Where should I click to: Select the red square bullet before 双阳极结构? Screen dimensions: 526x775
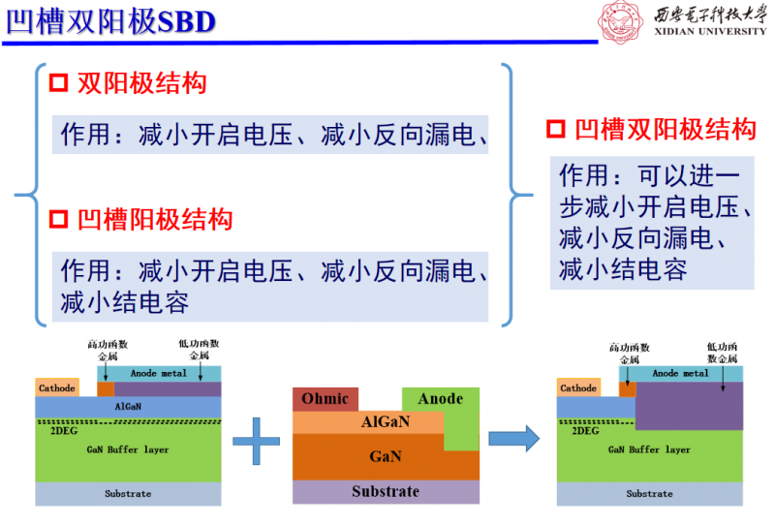[x=58, y=83]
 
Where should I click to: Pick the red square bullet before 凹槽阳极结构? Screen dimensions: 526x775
[x=58, y=220]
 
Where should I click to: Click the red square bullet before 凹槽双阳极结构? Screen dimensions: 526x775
[x=556, y=130]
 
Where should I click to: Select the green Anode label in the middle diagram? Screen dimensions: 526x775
[x=440, y=398]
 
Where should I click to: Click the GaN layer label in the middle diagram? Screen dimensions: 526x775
[x=385, y=456]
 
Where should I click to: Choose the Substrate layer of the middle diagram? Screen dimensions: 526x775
[x=385, y=492]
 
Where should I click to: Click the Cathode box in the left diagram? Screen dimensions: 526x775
[x=57, y=388]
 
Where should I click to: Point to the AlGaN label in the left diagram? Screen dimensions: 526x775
[x=129, y=408]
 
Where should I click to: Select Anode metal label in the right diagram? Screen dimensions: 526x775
[x=680, y=373]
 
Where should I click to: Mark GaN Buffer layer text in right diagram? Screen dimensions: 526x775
[x=649, y=449]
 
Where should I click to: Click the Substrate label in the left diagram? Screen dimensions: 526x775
[x=128, y=494]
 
